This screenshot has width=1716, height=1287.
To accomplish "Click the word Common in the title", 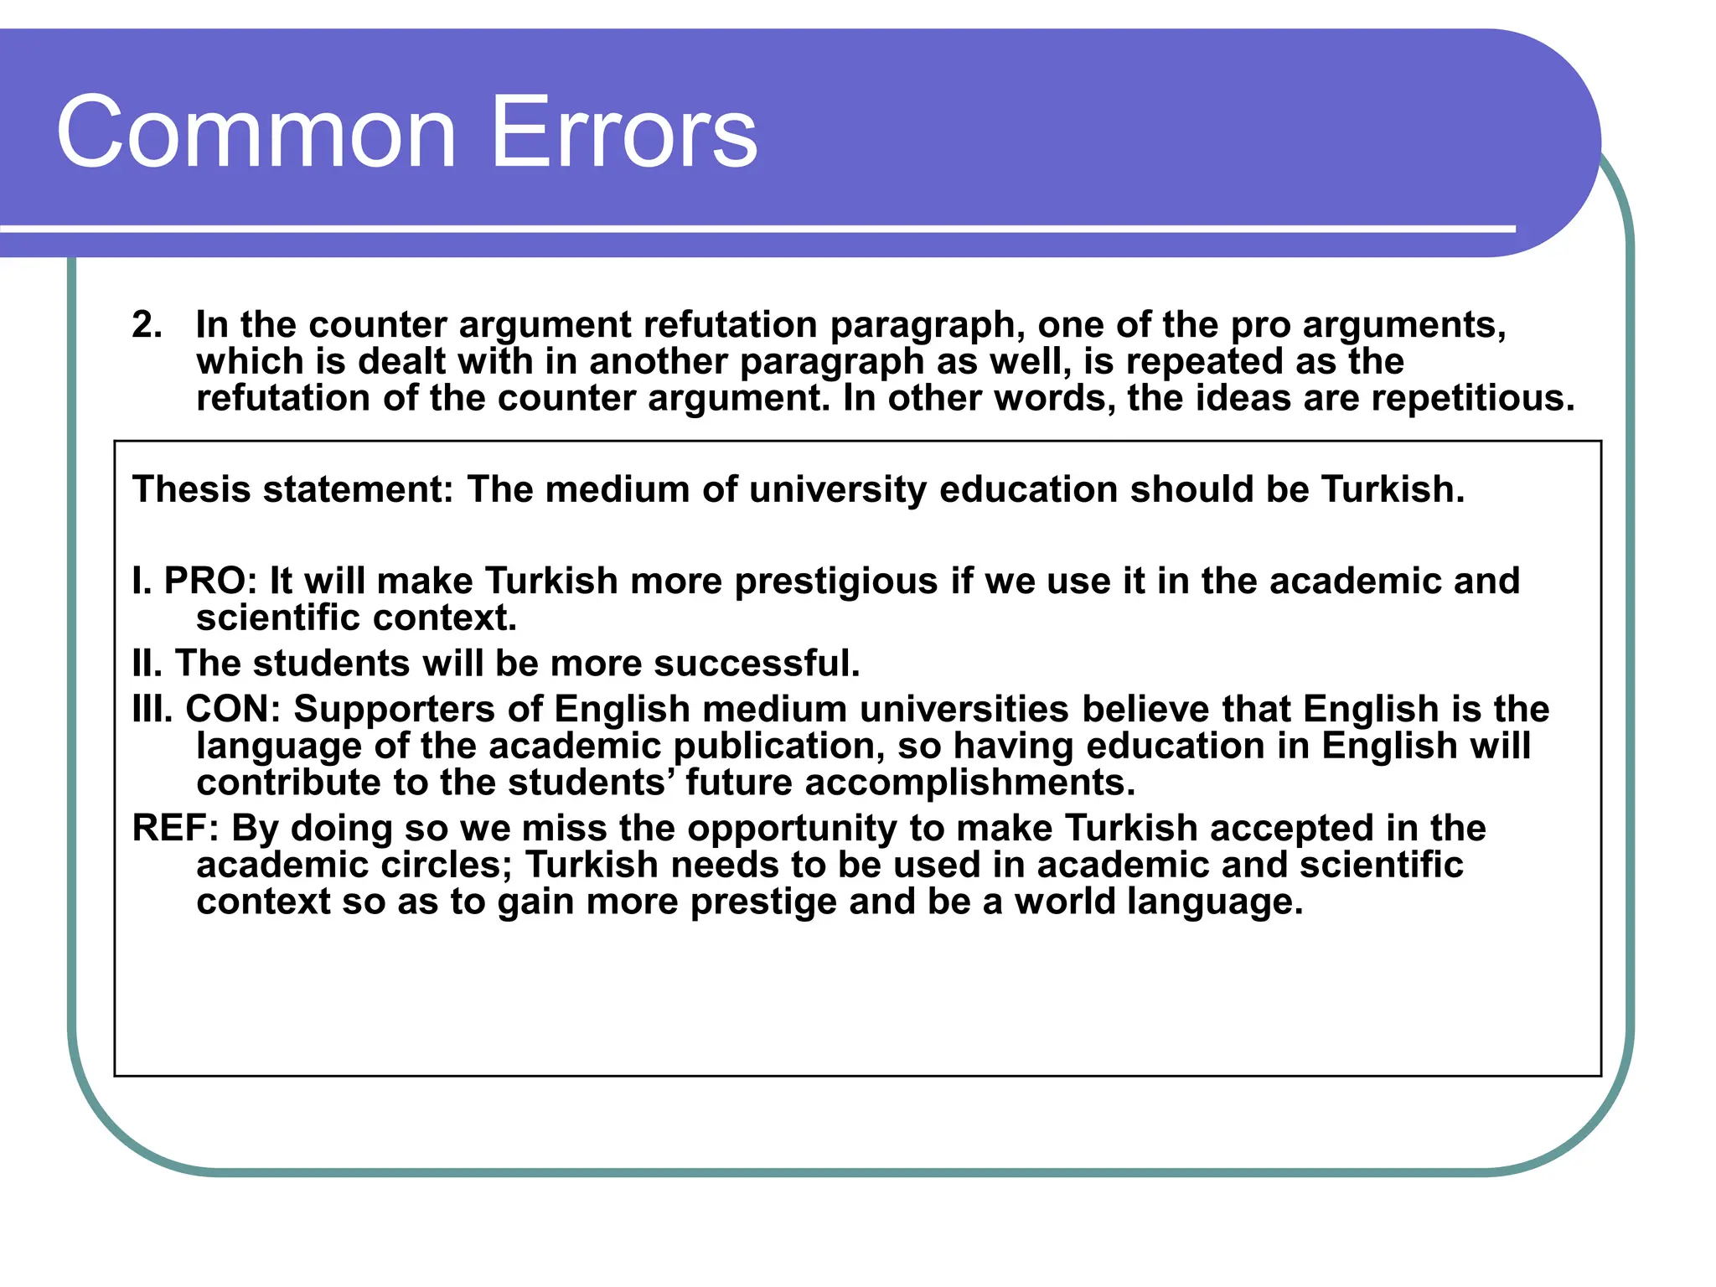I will [x=256, y=132].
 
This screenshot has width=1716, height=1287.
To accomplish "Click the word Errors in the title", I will [x=623, y=132].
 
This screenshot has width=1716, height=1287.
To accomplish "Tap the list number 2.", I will [x=147, y=324].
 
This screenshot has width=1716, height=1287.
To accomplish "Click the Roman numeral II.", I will [x=147, y=663].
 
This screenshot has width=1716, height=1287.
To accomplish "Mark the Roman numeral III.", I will [x=152, y=709].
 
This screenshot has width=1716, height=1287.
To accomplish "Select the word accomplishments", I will [x=969, y=783].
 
